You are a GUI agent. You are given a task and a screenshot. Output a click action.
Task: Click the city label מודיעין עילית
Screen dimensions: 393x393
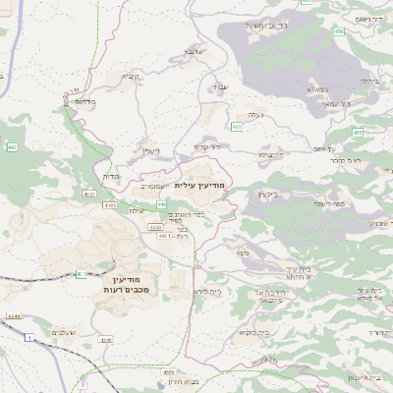[x=199, y=185]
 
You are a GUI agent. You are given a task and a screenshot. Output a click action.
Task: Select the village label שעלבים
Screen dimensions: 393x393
[x=63, y=332]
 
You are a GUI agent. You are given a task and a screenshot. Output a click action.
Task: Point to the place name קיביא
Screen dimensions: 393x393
[x=131, y=76]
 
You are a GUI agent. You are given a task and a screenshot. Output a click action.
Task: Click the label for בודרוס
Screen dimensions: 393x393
[x=85, y=101]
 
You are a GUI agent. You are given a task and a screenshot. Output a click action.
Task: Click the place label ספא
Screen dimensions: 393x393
[x=243, y=253]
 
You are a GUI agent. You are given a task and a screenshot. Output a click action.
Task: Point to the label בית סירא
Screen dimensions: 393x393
[x=206, y=292]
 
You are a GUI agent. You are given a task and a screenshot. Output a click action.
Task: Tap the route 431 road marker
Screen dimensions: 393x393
[x=80, y=274]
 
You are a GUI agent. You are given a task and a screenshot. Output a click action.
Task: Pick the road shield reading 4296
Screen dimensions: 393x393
[x=105, y=341]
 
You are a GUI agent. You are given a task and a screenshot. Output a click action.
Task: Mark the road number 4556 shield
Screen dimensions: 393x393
[x=169, y=373]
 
